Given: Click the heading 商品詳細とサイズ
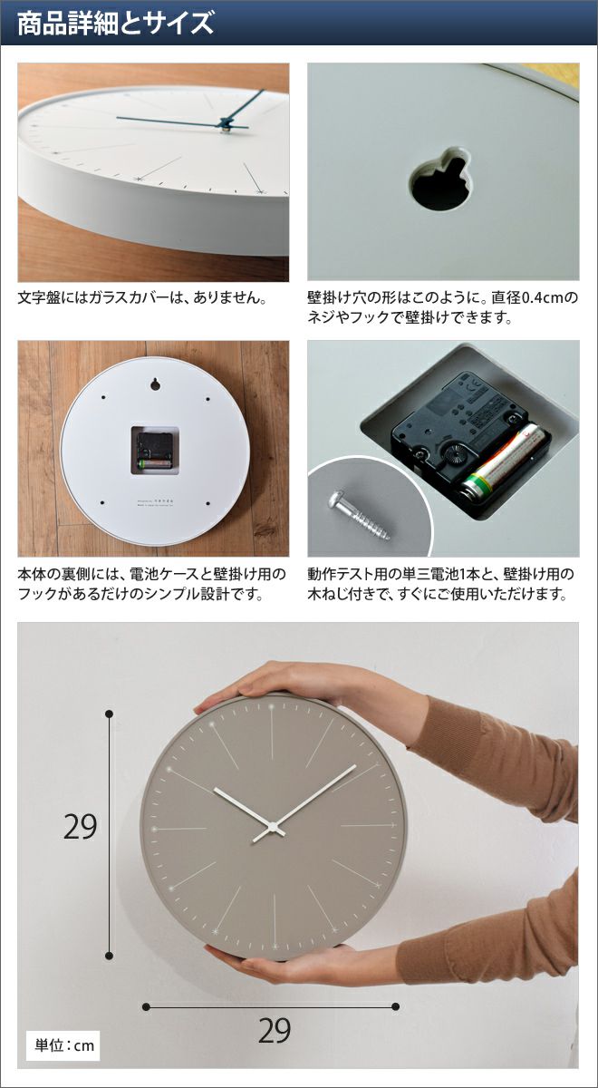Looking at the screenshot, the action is tap(116, 24).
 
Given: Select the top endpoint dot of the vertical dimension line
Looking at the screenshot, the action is tap(110, 714).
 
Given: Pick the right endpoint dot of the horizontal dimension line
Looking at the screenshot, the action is tap(396, 1006).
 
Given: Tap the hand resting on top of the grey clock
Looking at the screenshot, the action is tap(301, 685).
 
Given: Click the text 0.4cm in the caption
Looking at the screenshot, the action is tap(543, 297).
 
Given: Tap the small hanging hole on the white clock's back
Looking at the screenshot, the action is tap(154, 384).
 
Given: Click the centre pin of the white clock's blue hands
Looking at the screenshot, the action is tap(226, 127).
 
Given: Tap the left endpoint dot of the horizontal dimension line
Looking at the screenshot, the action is tap(146, 1006).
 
